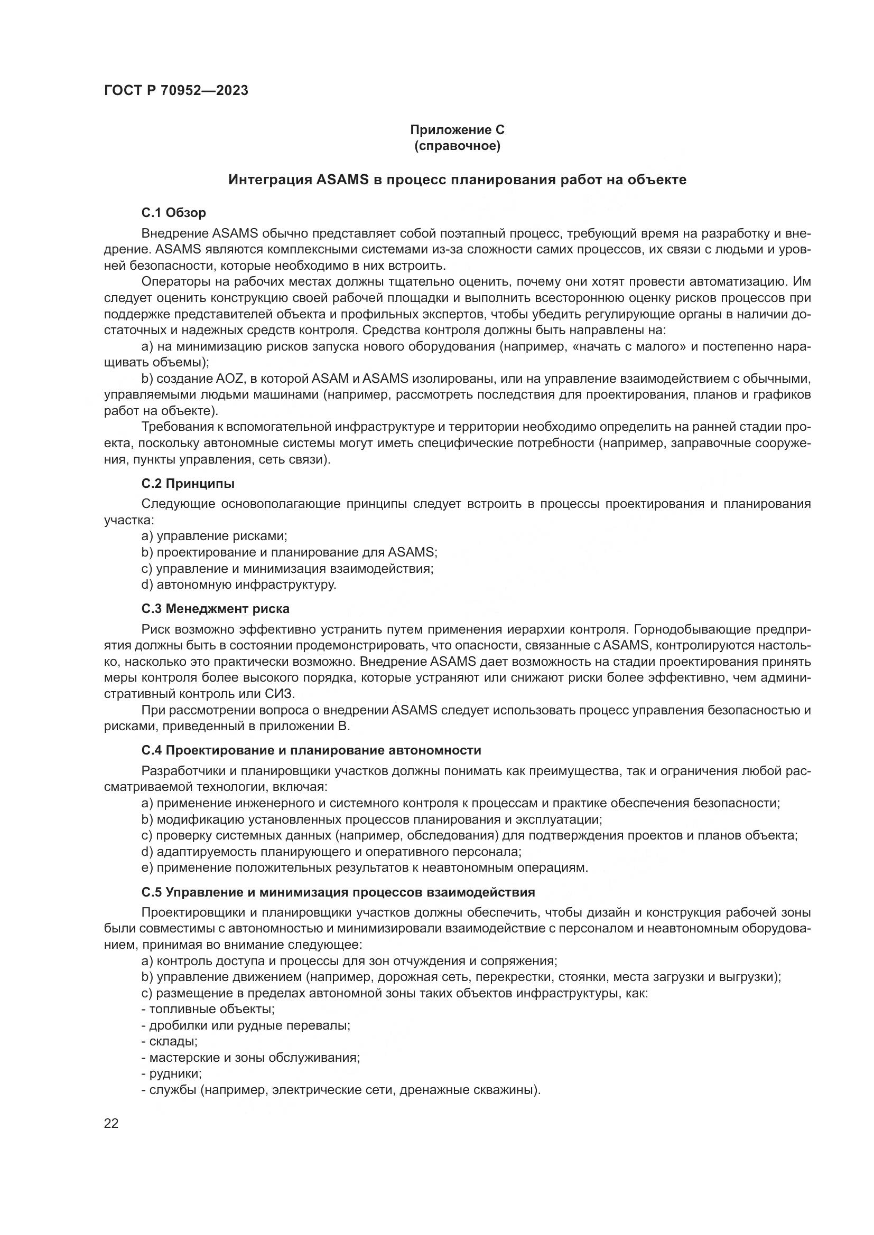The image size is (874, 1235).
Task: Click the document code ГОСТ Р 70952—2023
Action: (176, 91)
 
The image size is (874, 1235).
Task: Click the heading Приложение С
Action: (457, 130)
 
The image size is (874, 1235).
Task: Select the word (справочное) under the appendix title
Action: (457, 146)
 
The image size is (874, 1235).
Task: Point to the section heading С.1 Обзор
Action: (173, 213)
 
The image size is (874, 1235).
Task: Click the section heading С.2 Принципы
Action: (188, 484)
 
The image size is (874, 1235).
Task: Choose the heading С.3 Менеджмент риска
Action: (215, 609)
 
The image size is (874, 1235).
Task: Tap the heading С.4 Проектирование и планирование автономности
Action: (311, 750)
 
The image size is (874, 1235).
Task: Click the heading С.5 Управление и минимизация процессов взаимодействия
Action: (338, 892)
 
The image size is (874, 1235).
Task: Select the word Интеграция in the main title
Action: (270, 180)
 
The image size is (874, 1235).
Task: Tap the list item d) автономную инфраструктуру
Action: (238, 584)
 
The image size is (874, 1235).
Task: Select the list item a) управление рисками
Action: (214, 536)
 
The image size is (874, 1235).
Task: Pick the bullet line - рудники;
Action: (172, 1073)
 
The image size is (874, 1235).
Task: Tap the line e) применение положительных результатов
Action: (365, 868)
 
